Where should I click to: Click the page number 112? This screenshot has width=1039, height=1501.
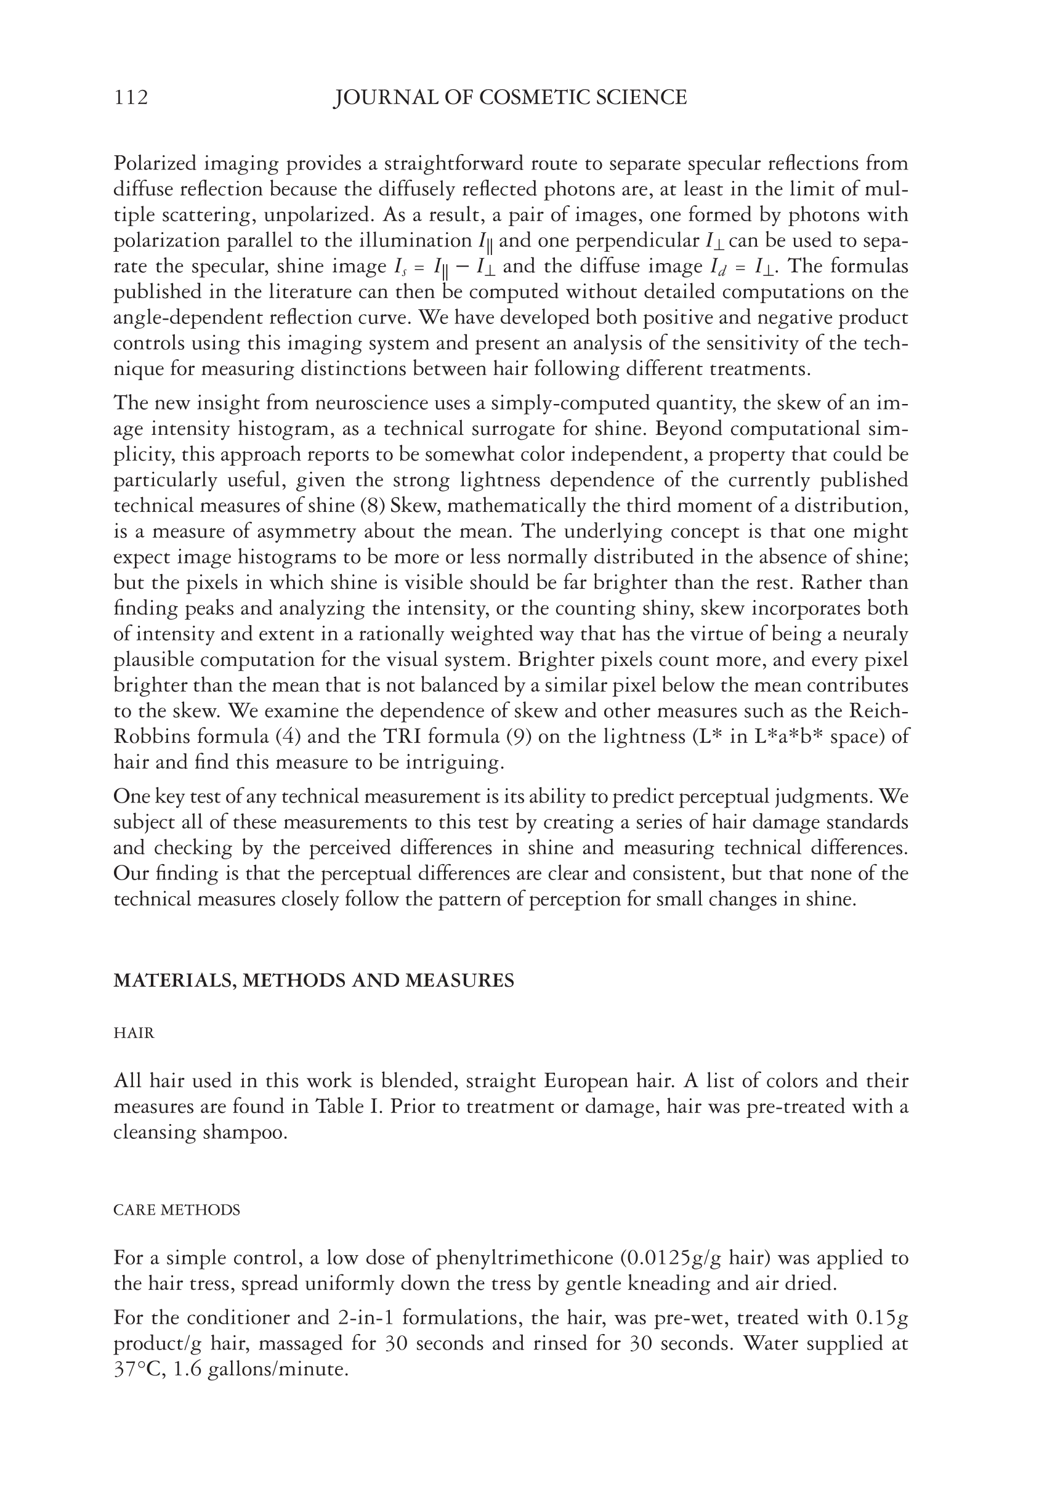tap(131, 98)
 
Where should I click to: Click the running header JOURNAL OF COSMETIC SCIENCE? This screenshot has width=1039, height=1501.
tap(510, 98)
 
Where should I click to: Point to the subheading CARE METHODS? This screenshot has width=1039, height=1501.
tap(176, 1210)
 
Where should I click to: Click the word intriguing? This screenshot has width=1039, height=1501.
tap(455, 763)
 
